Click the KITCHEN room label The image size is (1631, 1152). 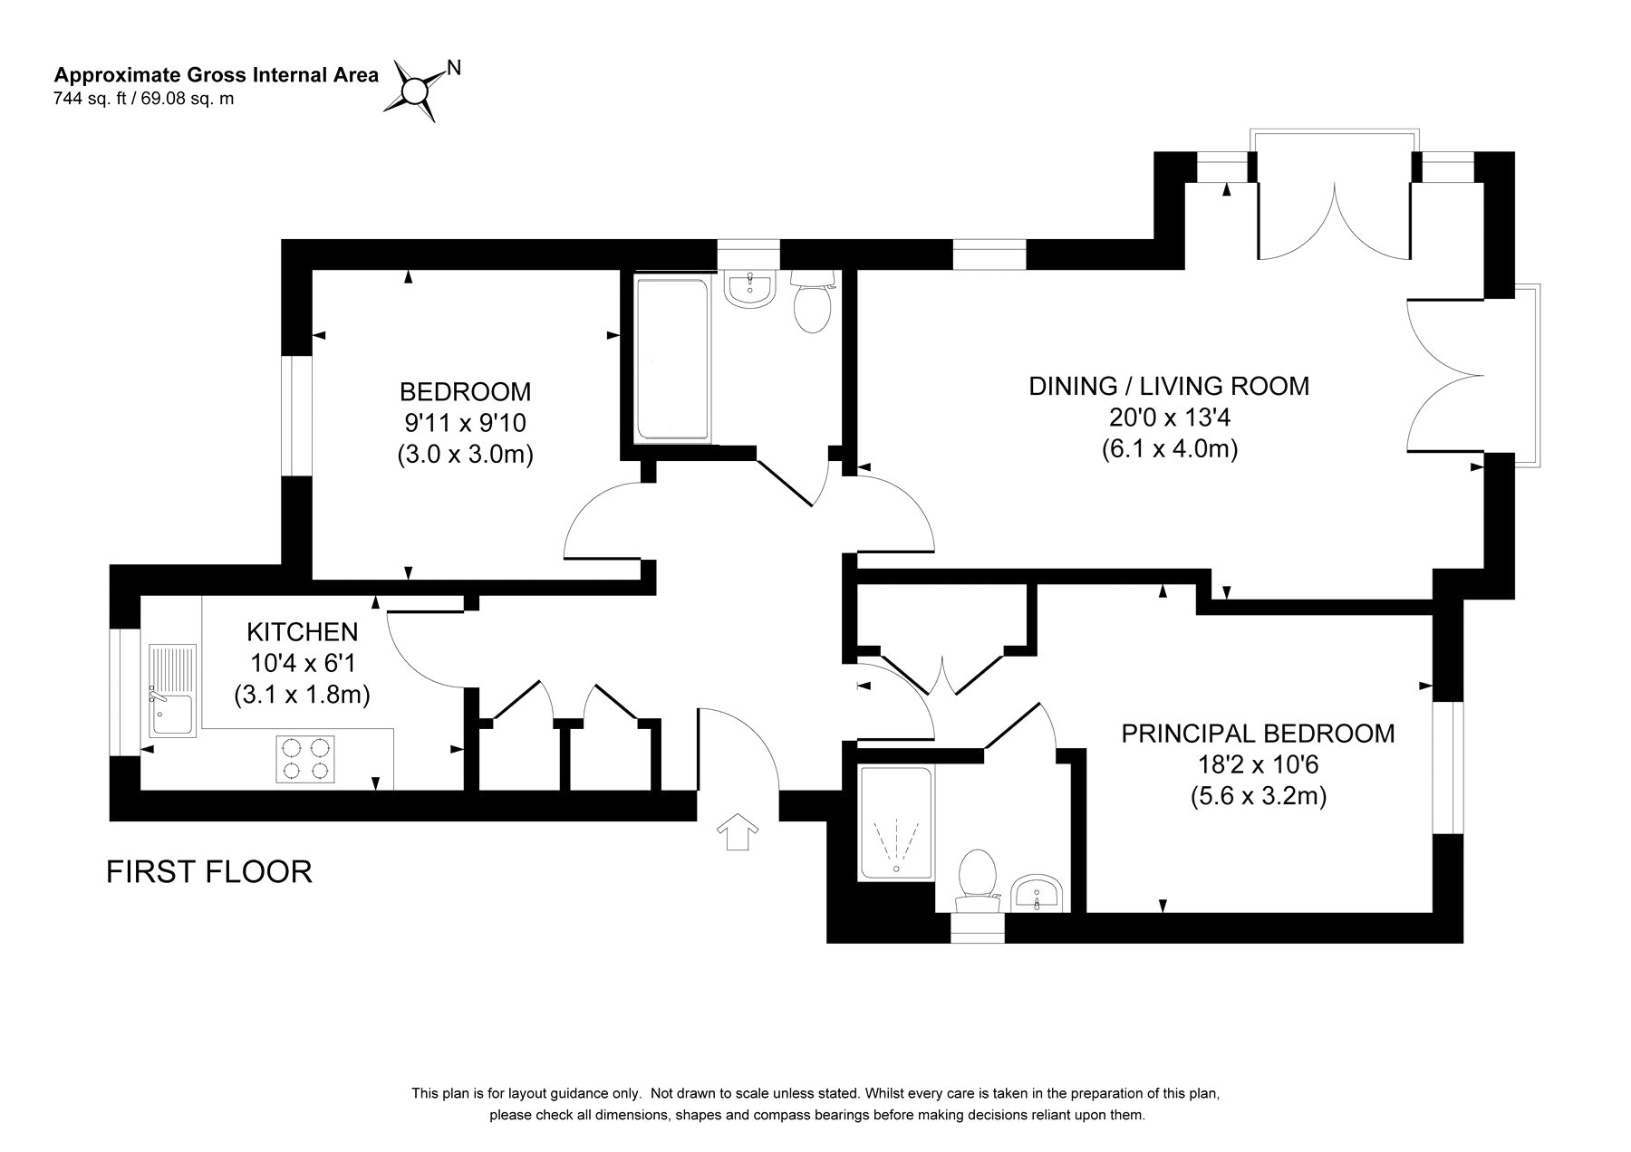[x=303, y=631]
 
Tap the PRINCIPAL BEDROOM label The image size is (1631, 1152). [x=1259, y=733]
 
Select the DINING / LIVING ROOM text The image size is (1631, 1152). [x=1169, y=387]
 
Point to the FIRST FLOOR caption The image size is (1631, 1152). [x=209, y=871]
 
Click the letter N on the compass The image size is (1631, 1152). [x=454, y=67]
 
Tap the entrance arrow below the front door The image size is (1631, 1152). [x=738, y=831]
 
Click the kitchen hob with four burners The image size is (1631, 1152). [x=305, y=759]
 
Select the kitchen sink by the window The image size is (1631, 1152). [x=171, y=689]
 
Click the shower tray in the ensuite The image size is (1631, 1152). [x=895, y=822]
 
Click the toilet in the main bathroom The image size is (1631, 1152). [x=811, y=302]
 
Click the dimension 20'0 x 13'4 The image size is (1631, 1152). [x=1169, y=418]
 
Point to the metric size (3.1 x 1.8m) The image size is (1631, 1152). [x=303, y=696]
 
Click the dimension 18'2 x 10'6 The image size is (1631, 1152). [x=1259, y=765]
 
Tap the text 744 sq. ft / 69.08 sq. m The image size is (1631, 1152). [x=144, y=99]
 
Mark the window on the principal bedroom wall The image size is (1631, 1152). [x=1448, y=767]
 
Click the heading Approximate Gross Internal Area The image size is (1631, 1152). [x=217, y=75]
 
